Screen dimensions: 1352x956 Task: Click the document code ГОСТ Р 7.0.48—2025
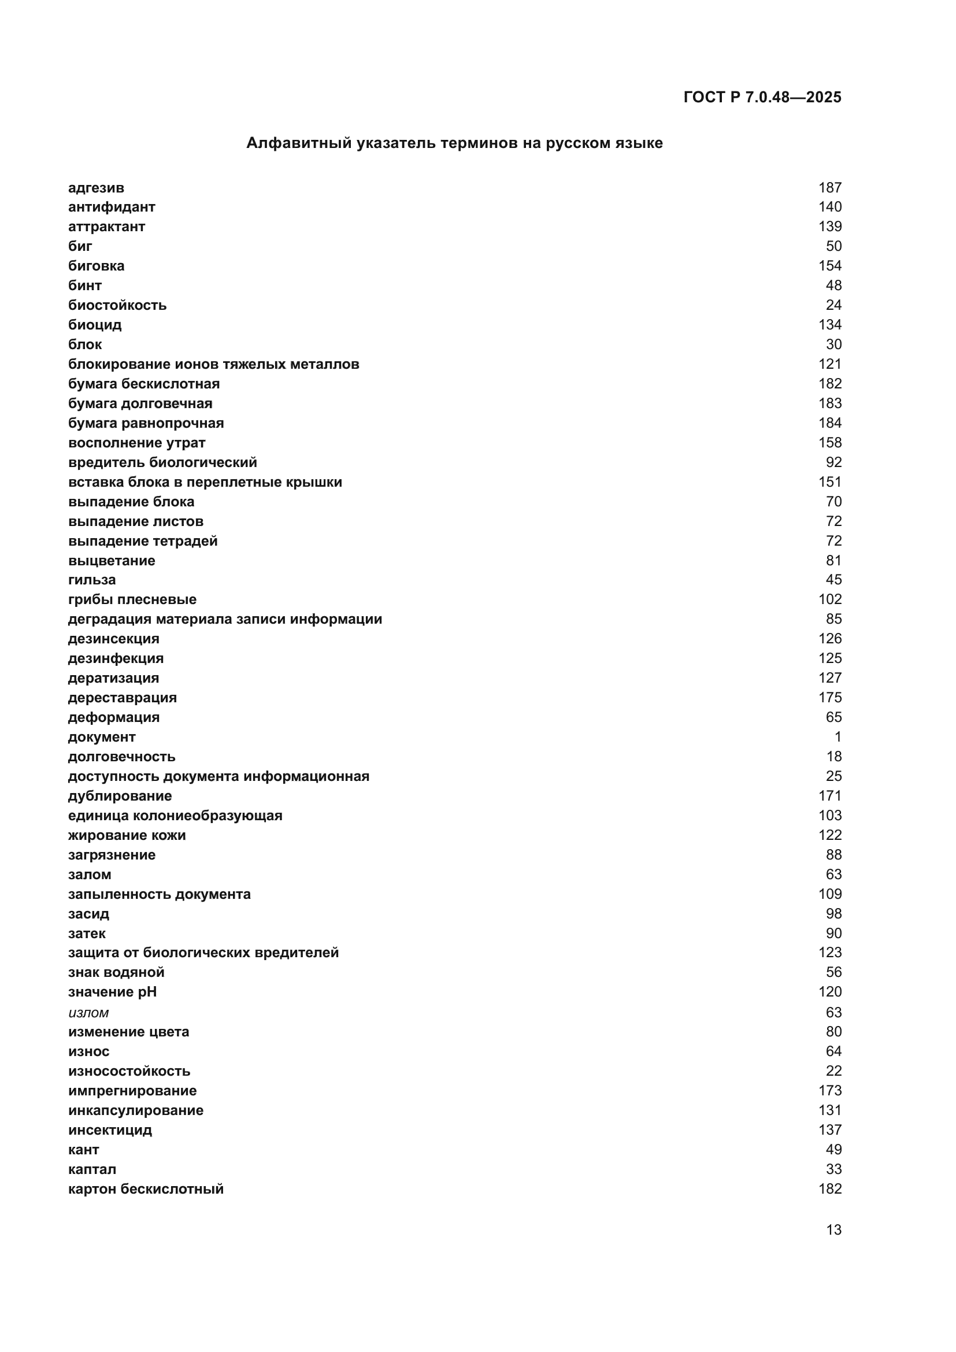762,97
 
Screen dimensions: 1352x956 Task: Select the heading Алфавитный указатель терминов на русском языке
454,143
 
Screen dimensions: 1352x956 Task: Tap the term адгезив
96,188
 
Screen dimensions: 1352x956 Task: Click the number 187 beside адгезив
829,188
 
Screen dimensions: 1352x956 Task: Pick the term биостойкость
117,305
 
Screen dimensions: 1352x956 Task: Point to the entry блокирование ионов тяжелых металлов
213,364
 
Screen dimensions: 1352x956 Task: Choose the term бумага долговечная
140,403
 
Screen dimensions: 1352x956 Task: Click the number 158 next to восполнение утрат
829,442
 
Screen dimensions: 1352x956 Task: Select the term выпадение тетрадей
142,540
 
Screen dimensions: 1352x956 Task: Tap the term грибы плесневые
132,599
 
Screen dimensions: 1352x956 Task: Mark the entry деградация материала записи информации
225,619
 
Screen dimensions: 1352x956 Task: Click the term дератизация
113,678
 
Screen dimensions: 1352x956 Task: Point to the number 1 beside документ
837,736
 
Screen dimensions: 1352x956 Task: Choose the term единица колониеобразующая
175,816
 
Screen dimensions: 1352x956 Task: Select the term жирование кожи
127,835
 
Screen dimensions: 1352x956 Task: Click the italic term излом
88,1012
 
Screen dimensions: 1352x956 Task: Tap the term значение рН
113,992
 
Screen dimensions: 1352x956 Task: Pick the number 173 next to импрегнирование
829,1091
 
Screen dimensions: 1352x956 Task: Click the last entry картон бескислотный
146,1189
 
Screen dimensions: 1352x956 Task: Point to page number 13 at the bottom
833,1230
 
